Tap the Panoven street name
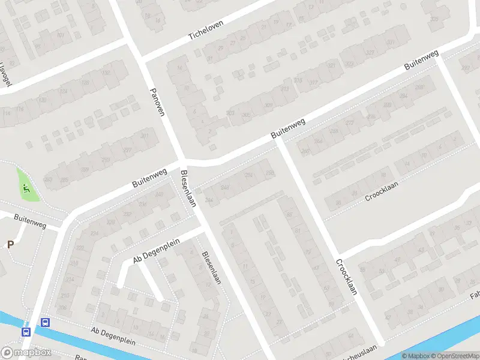(157, 101)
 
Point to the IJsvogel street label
(6, 75)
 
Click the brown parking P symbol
(10, 244)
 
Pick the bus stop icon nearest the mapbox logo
(26, 332)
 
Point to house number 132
(107, 73)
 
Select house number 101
(60, 35)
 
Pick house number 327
(370, 53)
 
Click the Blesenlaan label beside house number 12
(212, 267)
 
